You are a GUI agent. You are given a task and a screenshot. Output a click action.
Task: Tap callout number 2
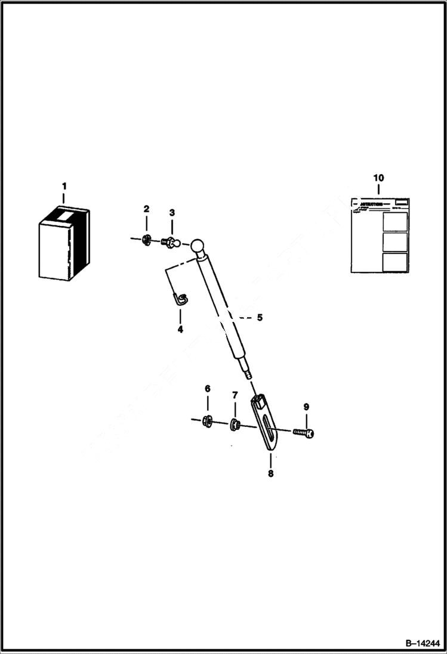point(146,209)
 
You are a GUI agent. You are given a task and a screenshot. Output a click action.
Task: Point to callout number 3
point(172,213)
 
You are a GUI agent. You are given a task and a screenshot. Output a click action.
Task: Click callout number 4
point(180,328)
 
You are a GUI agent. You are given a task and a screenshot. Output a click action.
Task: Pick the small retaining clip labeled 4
point(180,298)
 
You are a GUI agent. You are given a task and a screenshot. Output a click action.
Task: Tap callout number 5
point(260,318)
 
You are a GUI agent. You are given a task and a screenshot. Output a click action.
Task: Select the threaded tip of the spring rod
point(247,376)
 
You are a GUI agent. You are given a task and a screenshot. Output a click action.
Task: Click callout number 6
point(208,389)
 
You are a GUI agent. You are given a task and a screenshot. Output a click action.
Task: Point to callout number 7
point(235,395)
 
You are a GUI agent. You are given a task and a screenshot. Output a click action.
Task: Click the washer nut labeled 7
point(235,425)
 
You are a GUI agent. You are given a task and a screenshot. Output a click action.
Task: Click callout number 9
point(306,407)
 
